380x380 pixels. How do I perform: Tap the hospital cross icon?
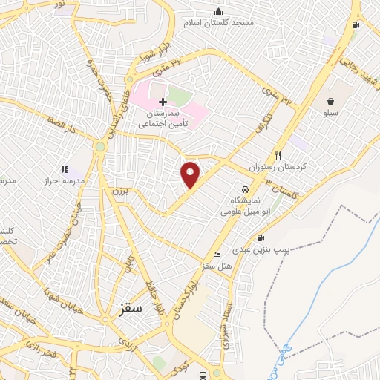(163, 100)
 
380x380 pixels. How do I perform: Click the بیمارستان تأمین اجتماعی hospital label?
(166, 119)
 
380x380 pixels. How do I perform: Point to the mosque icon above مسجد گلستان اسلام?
(218, 11)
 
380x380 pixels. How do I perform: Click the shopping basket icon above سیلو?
(330, 100)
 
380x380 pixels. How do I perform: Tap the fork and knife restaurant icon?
(278, 156)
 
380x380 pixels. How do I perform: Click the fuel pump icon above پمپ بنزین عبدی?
(260, 237)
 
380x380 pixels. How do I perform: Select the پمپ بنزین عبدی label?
(259, 249)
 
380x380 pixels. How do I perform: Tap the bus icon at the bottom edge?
(203, 376)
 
